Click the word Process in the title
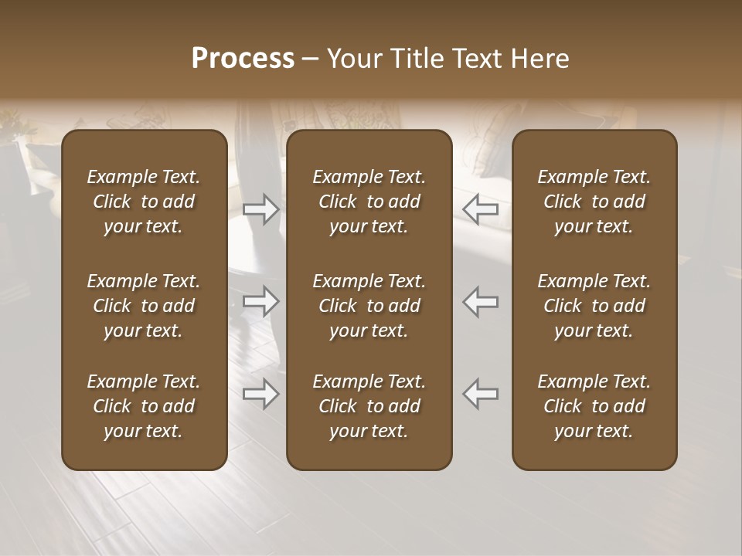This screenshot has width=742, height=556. click(243, 59)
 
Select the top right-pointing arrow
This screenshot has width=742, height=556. click(261, 208)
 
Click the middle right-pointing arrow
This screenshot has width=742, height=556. click(261, 301)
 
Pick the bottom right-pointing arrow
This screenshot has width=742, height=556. click(261, 394)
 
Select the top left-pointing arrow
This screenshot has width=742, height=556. click(480, 208)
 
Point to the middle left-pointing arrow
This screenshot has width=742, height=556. click(480, 301)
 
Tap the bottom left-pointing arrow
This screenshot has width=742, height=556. click(480, 394)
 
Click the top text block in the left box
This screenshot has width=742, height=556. click(144, 202)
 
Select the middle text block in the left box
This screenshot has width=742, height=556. click(144, 306)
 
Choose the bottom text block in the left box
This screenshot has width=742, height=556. click(144, 406)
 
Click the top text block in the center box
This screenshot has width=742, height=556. click(369, 202)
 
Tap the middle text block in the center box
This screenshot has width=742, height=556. click(369, 306)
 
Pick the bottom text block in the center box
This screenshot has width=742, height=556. click(369, 406)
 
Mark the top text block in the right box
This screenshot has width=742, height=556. click(594, 202)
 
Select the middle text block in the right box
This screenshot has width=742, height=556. click(594, 306)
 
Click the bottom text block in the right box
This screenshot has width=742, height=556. click(594, 406)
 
